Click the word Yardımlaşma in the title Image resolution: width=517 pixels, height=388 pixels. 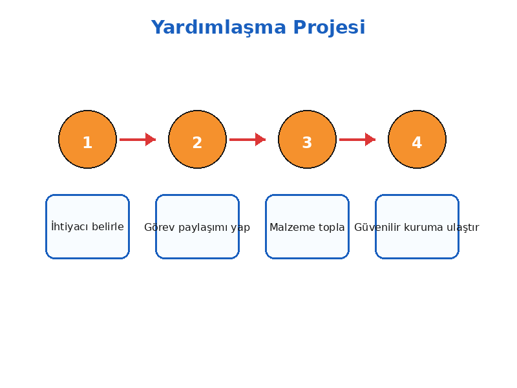(x=218, y=27)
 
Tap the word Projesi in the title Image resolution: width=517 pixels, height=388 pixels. (x=329, y=27)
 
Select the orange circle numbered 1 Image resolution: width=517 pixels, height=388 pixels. (x=87, y=139)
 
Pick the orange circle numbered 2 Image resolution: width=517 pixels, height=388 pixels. (x=197, y=139)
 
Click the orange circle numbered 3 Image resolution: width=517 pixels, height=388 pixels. (x=307, y=139)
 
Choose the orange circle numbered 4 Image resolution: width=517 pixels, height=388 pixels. (x=417, y=139)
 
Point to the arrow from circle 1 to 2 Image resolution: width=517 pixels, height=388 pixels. (x=138, y=139)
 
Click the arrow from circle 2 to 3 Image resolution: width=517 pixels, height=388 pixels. (x=248, y=139)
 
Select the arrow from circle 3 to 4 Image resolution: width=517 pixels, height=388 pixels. (x=357, y=139)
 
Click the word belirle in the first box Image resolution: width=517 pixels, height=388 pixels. (x=108, y=226)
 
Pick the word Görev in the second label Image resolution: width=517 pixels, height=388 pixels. (x=159, y=227)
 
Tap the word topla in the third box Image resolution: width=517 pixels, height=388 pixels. (x=332, y=228)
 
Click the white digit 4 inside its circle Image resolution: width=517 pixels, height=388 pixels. (x=417, y=142)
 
